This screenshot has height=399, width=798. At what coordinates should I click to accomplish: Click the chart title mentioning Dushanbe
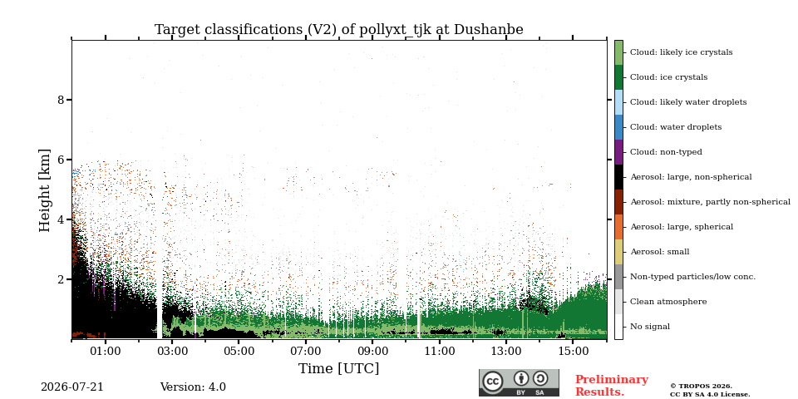(x=339, y=30)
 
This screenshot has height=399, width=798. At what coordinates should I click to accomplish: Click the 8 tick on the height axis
(x=62, y=100)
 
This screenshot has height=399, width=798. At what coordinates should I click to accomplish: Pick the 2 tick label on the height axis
(x=62, y=279)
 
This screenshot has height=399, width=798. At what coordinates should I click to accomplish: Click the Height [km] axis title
(x=45, y=190)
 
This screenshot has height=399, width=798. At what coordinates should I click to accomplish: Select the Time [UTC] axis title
(x=339, y=368)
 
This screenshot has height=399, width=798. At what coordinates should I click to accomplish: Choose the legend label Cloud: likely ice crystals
(x=682, y=52)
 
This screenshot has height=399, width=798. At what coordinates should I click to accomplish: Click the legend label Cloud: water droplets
(x=676, y=127)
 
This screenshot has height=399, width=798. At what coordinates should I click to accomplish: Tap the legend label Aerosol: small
(x=660, y=252)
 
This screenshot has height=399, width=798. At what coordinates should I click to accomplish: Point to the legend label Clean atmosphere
(x=668, y=302)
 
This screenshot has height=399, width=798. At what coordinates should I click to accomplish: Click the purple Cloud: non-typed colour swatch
(x=618, y=152)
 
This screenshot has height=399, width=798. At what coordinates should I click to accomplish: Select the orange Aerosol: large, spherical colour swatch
(x=618, y=227)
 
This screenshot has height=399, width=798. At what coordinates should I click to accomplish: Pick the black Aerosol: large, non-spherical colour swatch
(x=618, y=177)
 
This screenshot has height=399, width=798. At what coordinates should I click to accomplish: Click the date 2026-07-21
(x=72, y=387)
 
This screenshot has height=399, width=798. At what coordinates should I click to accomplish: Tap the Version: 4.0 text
(x=193, y=387)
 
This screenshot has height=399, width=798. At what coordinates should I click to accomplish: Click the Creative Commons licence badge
(x=519, y=382)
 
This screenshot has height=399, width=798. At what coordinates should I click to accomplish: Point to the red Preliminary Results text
(x=612, y=386)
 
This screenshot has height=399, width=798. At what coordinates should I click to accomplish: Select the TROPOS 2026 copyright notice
(x=709, y=391)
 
